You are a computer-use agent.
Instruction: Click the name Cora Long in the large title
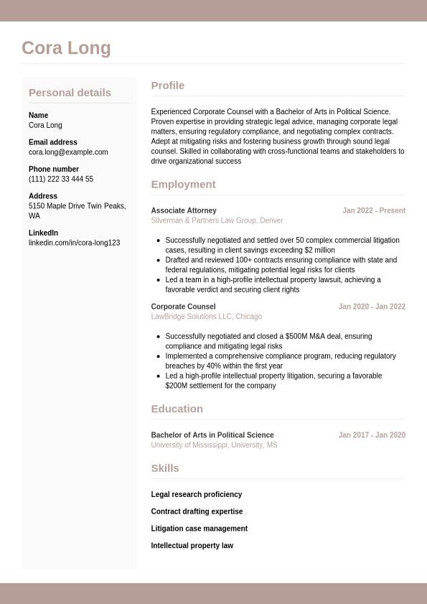click(x=66, y=48)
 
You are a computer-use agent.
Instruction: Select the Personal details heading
click(x=70, y=93)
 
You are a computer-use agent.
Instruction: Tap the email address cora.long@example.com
click(x=68, y=152)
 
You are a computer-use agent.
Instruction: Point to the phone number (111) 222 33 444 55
click(x=61, y=180)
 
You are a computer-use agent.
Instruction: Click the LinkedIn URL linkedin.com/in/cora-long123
click(x=74, y=243)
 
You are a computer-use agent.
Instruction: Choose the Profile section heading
click(x=167, y=85)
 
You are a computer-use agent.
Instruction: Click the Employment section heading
click(x=183, y=185)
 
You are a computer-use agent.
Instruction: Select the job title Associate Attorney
click(x=184, y=211)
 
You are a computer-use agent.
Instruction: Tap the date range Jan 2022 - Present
click(x=373, y=211)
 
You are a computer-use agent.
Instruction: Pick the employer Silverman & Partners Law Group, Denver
click(x=217, y=220)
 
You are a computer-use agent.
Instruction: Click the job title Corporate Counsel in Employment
click(x=183, y=307)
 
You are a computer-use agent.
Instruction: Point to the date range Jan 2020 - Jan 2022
click(x=372, y=307)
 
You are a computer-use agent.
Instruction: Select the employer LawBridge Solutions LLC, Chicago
click(x=206, y=317)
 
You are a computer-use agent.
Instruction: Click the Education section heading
click(x=177, y=409)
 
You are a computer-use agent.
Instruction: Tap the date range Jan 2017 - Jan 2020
click(x=372, y=435)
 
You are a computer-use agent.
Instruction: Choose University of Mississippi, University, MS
click(x=214, y=445)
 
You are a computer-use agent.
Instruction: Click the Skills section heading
click(x=165, y=468)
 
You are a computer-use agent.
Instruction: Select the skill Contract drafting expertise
click(x=197, y=512)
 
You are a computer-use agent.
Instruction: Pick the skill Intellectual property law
click(x=192, y=546)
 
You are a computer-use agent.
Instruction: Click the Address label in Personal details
click(x=43, y=196)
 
